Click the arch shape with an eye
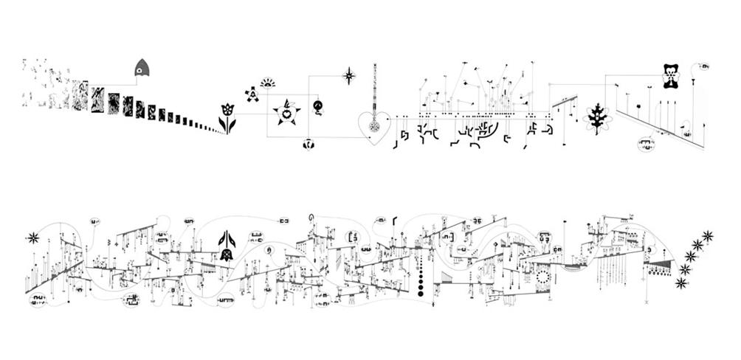(141, 69)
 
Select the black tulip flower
(227, 118)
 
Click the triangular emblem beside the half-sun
(252, 94)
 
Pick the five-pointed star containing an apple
(284, 111)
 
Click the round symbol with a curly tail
(317, 106)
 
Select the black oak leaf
(596, 117)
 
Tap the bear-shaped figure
(670, 77)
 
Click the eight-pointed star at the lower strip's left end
(32, 238)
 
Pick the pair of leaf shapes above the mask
(227, 240)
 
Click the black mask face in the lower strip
(227, 255)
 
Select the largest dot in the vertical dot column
(421, 294)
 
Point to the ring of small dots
(543, 277)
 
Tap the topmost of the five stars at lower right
(708, 236)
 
